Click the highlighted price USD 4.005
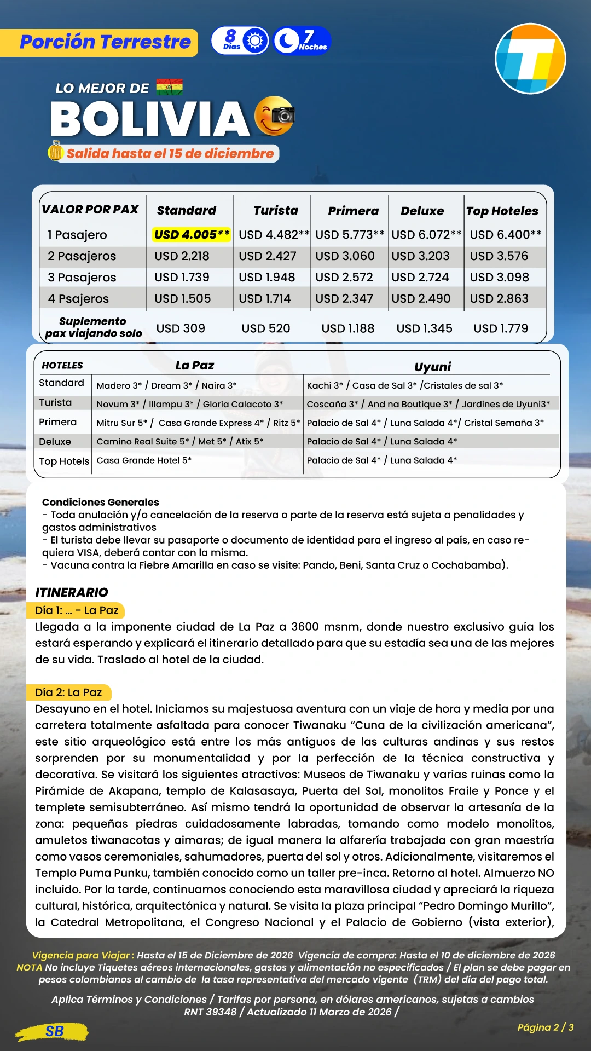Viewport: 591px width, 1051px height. pyautogui.click(x=192, y=235)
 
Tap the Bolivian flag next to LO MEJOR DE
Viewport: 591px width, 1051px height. pyautogui.click(x=170, y=88)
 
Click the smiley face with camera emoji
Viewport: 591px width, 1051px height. pyautogui.click(x=275, y=116)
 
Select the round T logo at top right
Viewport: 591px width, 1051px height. pyautogui.click(x=530, y=59)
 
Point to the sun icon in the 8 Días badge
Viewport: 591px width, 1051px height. pyautogui.click(x=256, y=41)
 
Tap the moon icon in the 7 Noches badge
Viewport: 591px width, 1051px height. pyautogui.click(x=286, y=41)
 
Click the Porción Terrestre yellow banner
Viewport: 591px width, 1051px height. pyautogui.click(x=105, y=42)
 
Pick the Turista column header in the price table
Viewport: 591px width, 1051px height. pyautogui.click(x=276, y=211)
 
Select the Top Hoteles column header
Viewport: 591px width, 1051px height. pyautogui.click(x=502, y=211)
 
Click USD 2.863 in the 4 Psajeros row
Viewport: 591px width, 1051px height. pyautogui.click(x=499, y=299)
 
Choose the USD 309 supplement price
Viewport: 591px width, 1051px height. pyautogui.click(x=181, y=328)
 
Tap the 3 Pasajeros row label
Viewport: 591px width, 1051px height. pyautogui.click(x=82, y=278)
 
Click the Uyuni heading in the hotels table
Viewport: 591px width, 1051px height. pyautogui.click(x=432, y=366)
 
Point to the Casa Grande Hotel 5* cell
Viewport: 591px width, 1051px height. pyautogui.click(x=144, y=460)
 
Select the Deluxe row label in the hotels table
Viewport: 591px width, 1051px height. pyautogui.click(x=55, y=442)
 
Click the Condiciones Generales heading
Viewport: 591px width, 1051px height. pyautogui.click(x=101, y=502)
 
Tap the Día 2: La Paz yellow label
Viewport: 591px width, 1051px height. pyautogui.click(x=68, y=692)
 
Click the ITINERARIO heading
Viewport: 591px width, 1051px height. pyautogui.click(x=72, y=592)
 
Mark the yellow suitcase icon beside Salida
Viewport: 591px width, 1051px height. pyautogui.click(x=55, y=151)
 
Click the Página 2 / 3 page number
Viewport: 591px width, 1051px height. pyautogui.click(x=545, y=1027)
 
